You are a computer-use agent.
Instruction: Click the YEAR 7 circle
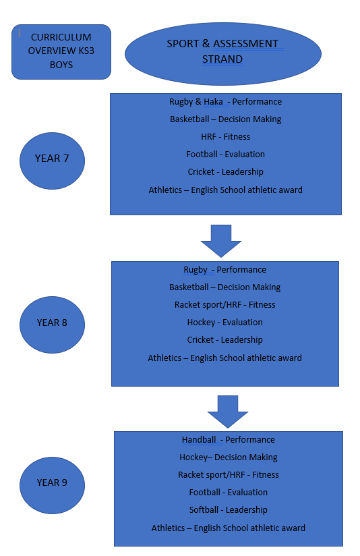(x=52, y=161)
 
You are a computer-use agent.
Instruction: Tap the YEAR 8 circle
(x=52, y=325)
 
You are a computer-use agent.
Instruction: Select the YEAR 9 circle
(x=52, y=485)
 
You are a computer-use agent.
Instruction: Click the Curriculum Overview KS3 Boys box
(x=61, y=52)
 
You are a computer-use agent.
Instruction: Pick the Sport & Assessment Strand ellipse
(x=223, y=54)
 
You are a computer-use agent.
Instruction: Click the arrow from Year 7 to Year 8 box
(x=221, y=241)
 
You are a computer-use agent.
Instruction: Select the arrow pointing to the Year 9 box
(x=228, y=412)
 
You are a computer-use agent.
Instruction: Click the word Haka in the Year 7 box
(x=213, y=102)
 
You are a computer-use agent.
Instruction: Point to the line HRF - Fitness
(x=225, y=136)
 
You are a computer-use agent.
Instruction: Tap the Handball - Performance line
(x=228, y=440)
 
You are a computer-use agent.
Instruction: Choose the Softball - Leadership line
(x=228, y=510)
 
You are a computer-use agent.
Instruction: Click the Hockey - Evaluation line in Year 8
(x=224, y=323)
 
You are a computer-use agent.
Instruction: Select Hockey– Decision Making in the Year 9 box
(x=228, y=457)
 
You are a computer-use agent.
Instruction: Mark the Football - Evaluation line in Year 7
(x=225, y=155)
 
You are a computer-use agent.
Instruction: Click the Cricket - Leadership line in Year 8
(x=224, y=339)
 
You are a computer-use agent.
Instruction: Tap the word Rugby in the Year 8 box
(x=196, y=270)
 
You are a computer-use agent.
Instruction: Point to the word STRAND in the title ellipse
(x=222, y=59)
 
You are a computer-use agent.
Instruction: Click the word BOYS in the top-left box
(x=61, y=65)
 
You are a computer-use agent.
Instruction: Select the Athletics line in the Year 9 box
(x=228, y=528)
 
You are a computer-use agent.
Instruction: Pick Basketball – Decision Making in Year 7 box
(x=225, y=119)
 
